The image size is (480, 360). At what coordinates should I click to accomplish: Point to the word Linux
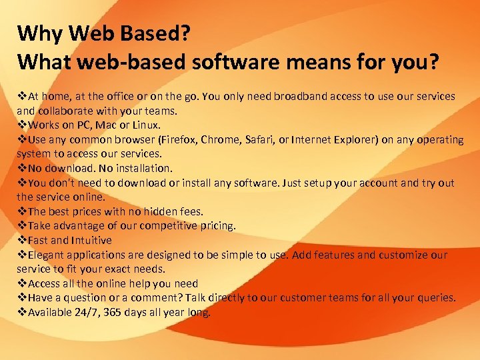(145, 125)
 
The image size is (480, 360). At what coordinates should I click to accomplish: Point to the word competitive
(162, 226)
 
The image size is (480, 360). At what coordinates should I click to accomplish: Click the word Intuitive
(91, 240)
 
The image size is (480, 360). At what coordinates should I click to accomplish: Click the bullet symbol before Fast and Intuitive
(21, 240)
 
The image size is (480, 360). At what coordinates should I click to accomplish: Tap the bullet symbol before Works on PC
(21, 125)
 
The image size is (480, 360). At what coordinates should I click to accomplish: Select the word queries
(437, 297)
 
